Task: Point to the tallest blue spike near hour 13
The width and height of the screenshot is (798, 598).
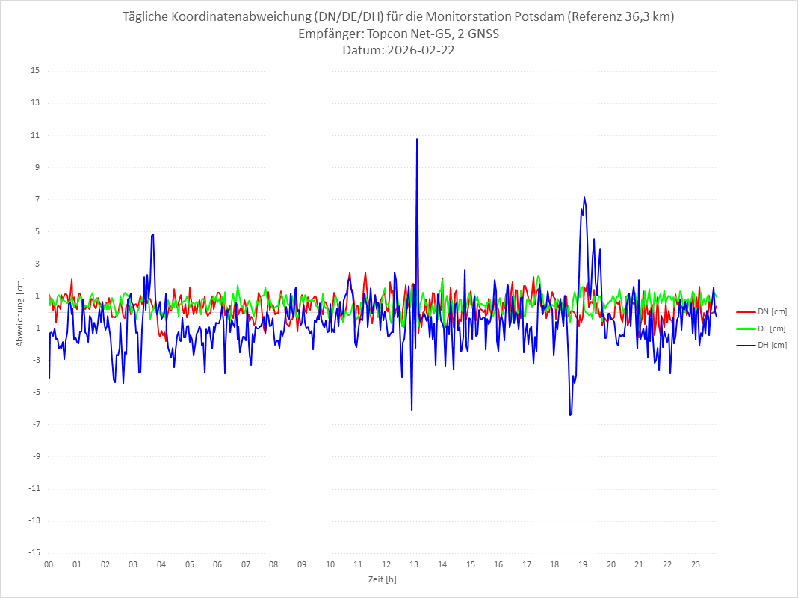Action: point(417,140)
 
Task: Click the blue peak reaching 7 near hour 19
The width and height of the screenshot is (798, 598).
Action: point(584,198)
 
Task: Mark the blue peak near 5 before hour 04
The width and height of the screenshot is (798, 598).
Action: point(152,234)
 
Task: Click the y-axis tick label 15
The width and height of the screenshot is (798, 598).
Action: point(35,71)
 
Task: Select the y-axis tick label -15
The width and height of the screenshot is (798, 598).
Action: point(34,552)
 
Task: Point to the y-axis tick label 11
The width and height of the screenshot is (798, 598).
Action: point(35,135)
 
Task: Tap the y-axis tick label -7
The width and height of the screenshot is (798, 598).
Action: point(35,424)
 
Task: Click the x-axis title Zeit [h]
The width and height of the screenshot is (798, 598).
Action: point(382,579)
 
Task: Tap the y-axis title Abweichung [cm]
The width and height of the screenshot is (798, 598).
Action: point(20,311)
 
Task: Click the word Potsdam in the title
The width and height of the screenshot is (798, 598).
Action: point(539,17)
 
